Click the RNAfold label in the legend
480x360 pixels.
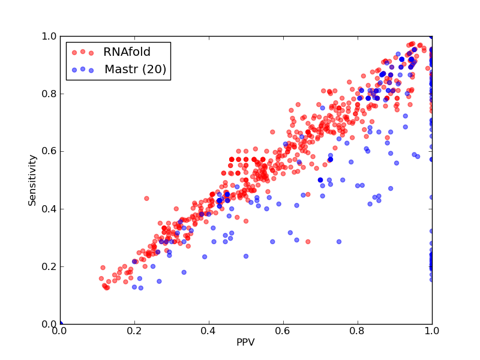[127, 52]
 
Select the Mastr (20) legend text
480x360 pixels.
[136, 70]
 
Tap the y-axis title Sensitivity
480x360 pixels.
[32, 181]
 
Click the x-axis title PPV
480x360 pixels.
[245, 342]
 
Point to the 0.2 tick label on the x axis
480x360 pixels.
[134, 331]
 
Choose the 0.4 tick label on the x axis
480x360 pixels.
[209, 331]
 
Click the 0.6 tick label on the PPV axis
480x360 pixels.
[283, 331]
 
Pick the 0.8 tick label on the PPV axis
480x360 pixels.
[358, 331]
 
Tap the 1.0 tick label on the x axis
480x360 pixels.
[432, 331]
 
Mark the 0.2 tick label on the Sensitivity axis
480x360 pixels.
[49, 266]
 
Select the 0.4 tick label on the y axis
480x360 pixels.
[49, 209]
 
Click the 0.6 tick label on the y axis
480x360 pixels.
[49, 152]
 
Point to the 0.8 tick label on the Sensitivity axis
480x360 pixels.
[49, 94]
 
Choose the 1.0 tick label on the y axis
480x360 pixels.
[49, 36]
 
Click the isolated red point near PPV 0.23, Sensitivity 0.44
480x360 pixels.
[146, 199]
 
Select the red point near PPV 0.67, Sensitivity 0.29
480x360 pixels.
[308, 242]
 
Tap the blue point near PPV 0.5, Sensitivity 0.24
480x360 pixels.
[246, 256]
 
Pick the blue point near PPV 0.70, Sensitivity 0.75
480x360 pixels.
[322, 108]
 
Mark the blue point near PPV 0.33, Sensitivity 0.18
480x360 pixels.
[184, 272]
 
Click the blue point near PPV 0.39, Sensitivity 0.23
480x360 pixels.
[205, 257]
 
